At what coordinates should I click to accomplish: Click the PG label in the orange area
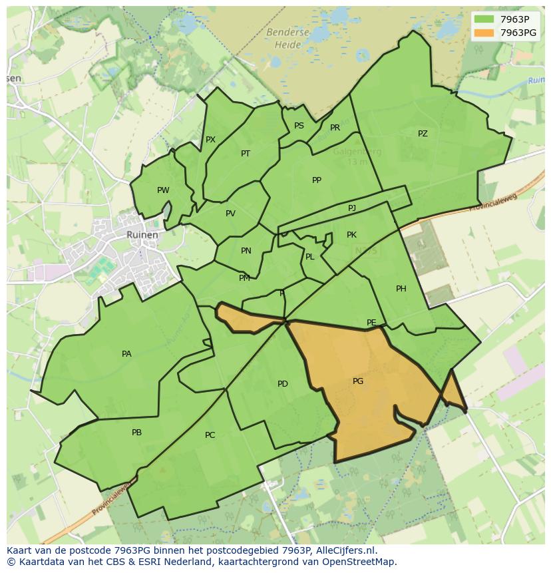[x=358, y=381]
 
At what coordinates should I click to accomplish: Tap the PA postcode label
[x=126, y=354]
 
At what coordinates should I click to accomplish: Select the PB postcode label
[x=136, y=433]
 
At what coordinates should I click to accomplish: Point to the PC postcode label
[x=210, y=435]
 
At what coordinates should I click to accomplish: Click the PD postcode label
[x=283, y=384]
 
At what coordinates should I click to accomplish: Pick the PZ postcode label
[x=423, y=134]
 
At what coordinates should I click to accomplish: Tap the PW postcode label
[x=163, y=190]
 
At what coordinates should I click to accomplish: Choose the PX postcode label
[x=210, y=140]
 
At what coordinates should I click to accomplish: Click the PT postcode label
[x=246, y=154]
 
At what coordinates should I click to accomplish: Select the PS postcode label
[x=299, y=126]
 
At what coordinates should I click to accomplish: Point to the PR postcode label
[x=335, y=128]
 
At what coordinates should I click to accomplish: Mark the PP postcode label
[x=317, y=180]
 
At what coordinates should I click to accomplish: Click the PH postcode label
[x=401, y=289]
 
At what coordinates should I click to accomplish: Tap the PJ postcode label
[x=352, y=208]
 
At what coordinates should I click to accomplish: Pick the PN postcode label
[x=246, y=251]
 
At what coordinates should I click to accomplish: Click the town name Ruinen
[x=142, y=235]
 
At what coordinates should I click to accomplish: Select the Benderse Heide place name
[x=287, y=39]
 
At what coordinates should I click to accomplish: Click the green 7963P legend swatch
[x=484, y=19]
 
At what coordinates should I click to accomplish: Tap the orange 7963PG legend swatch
[x=484, y=32]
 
